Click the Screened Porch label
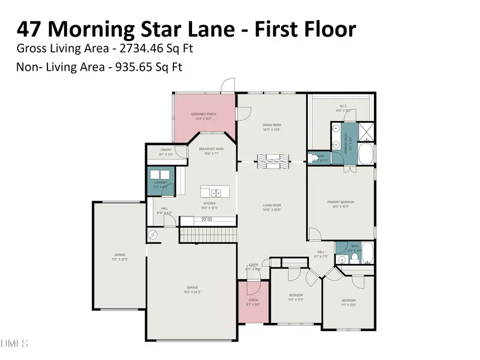[x=204, y=114]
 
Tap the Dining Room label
[x=271, y=125]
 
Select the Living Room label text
[x=271, y=205]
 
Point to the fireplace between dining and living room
[x=271, y=160]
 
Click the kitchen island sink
[x=215, y=193]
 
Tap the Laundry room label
[x=161, y=182]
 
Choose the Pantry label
[x=166, y=150]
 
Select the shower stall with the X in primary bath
[x=366, y=130]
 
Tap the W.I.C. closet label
[x=342, y=106]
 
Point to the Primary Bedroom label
[x=341, y=202]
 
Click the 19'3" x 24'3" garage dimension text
[x=193, y=292]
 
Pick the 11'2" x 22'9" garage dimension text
[x=119, y=260]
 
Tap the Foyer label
[x=253, y=265]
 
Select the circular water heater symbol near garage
[x=153, y=234]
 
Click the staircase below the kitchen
[x=208, y=235]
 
